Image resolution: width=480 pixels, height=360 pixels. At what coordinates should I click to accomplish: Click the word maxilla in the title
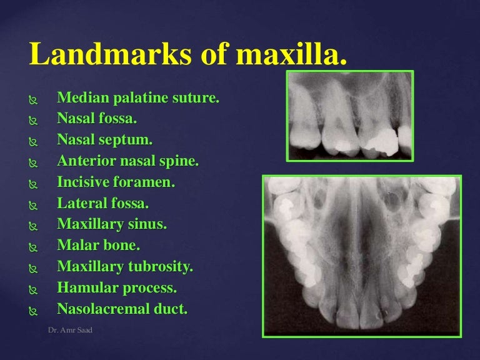291,54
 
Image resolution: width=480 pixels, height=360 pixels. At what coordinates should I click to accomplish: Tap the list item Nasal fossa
96,119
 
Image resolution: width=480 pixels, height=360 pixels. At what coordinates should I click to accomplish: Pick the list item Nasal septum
104,140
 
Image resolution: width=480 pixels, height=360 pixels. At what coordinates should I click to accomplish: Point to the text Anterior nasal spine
127,161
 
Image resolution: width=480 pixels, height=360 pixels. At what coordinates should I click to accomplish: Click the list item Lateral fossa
103,203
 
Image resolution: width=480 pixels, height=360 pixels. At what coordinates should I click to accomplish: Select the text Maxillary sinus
112,224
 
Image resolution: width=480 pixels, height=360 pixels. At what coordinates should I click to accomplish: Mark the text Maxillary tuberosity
125,267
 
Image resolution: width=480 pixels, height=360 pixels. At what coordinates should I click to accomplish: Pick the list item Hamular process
117,288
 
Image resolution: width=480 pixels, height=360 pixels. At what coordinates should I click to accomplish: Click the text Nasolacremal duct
122,309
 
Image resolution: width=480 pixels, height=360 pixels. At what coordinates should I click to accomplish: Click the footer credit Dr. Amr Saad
70,329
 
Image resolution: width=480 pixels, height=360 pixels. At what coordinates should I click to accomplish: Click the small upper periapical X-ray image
349,116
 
